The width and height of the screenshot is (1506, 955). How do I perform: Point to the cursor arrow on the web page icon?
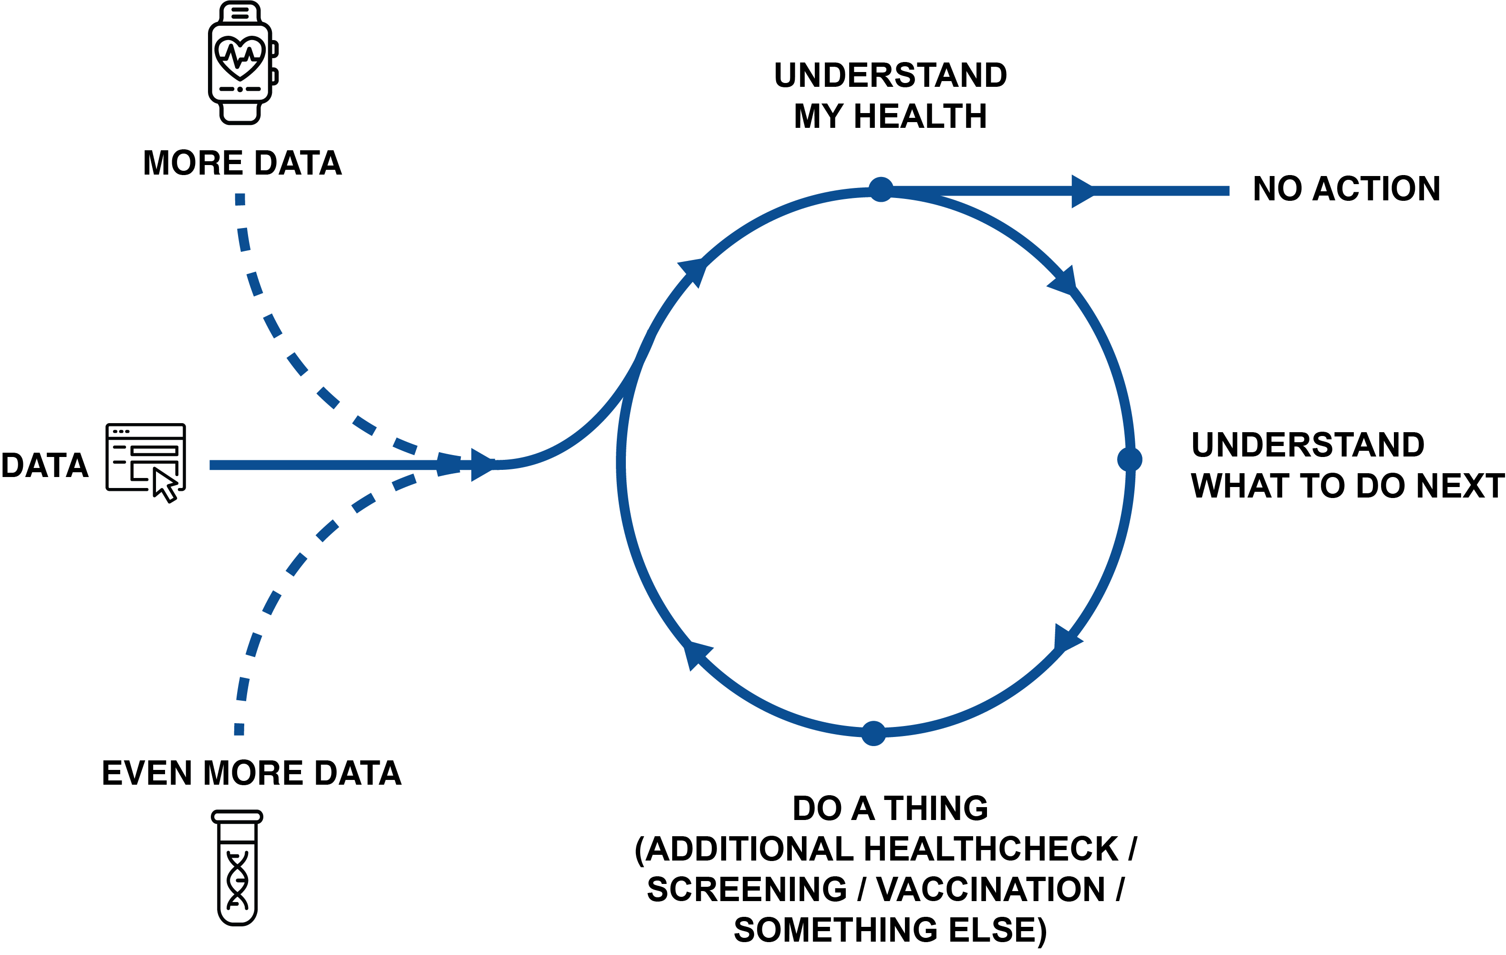click(x=166, y=485)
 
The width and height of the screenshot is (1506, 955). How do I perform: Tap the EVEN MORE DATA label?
click(x=251, y=773)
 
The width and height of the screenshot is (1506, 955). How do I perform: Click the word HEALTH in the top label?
click(x=920, y=116)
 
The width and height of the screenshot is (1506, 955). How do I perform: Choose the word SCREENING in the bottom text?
click(x=747, y=889)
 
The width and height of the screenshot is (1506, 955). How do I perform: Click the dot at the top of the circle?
click(x=881, y=189)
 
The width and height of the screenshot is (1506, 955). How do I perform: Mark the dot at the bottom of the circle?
click(x=873, y=734)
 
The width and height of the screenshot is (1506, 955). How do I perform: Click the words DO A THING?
click(x=890, y=808)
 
